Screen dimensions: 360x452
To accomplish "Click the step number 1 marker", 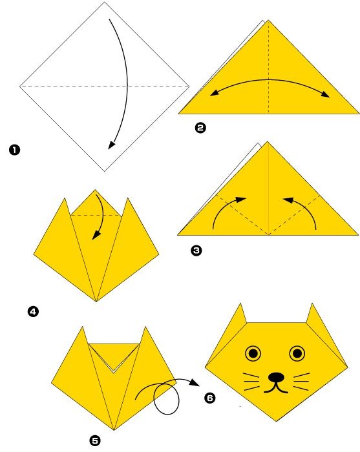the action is click(x=14, y=150).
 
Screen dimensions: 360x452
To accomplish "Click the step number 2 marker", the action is click(x=200, y=127).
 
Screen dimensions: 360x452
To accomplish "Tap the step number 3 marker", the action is click(x=196, y=251).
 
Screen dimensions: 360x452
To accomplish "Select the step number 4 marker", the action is click(x=33, y=312).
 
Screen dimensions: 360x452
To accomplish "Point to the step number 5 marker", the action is click(x=95, y=441).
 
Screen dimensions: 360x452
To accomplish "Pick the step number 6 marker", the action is click(x=209, y=398).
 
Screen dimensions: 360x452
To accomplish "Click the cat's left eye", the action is click(x=253, y=353).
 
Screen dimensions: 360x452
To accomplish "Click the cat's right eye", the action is click(x=297, y=353).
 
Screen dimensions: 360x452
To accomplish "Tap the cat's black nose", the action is click(x=277, y=377).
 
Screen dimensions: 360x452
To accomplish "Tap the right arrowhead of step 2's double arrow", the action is click(x=325, y=94).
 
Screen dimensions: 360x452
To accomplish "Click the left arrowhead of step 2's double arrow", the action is click(x=215, y=92).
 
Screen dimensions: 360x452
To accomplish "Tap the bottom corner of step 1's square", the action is click(x=105, y=171).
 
